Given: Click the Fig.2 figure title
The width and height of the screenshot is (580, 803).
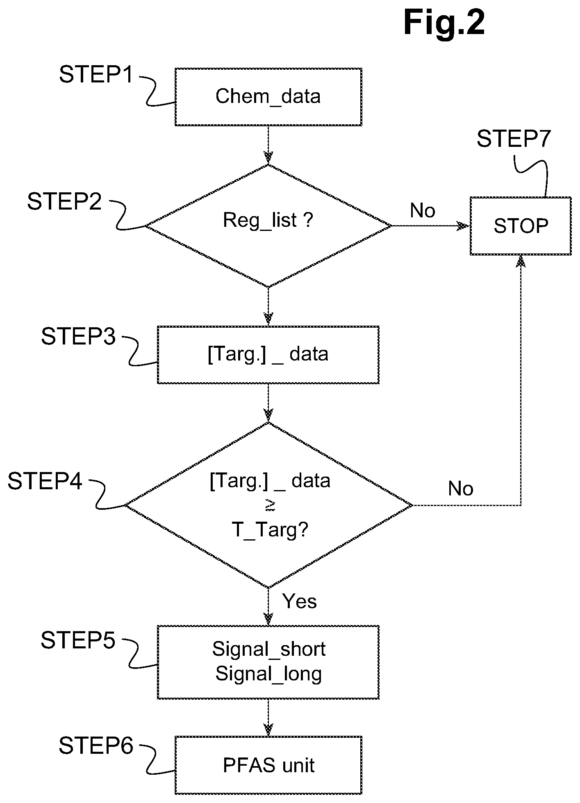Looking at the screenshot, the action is [x=444, y=23].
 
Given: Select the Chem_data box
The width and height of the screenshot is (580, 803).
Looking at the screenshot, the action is [x=268, y=97].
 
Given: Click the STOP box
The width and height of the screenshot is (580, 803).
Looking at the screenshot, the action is [x=521, y=226].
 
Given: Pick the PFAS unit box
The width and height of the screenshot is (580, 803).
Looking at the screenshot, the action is [x=268, y=765].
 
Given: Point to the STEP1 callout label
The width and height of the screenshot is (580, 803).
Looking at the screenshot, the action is [x=96, y=75].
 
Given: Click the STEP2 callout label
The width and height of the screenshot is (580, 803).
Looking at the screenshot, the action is [x=64, y=201].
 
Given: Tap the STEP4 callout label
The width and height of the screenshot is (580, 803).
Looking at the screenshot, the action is [x=45, y=481].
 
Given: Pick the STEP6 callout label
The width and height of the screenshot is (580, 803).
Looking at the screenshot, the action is [x=96, y=746].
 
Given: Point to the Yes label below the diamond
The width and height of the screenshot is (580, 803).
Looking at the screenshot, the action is [x=300, y=602].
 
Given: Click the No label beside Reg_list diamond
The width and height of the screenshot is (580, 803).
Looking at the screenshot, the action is [x=423, y=210].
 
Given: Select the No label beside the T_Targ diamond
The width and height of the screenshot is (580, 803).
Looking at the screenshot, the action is [x=461, y=488].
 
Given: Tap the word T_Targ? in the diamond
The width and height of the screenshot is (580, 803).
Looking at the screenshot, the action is [x=270, y=531].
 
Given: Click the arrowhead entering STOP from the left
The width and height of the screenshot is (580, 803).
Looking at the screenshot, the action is [x=463, y=226].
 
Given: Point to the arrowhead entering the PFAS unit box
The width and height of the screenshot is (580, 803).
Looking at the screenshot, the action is [x=268, y=730].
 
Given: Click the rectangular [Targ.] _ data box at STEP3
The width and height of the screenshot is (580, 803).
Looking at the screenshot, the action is [x=268, y=355].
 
